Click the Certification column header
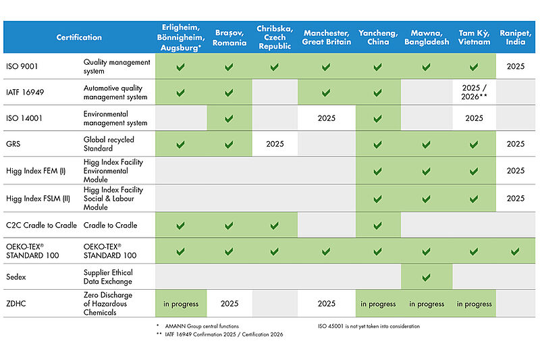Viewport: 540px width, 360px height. (79, 37)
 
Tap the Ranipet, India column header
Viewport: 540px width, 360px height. (516, 37)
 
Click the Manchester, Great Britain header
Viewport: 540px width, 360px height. (326, 37)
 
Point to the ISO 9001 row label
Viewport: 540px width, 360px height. (22, 67)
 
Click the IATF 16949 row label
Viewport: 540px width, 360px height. (25, 92)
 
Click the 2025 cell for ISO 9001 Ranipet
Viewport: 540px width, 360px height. (516, 67)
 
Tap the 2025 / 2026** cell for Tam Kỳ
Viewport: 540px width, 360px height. (474, 92)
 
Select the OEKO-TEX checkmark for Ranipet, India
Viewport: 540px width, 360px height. (516, 251)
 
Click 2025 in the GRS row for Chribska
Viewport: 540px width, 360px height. (275, 144)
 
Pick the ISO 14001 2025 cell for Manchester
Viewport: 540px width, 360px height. (326, 118)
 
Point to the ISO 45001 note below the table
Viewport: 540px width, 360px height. (369, 326)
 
